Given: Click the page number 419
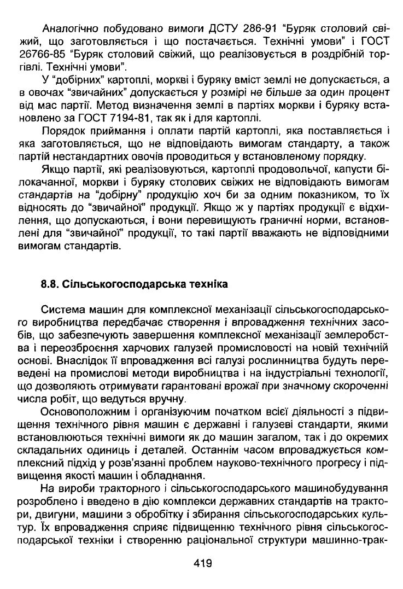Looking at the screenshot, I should (x=202, y=563).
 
